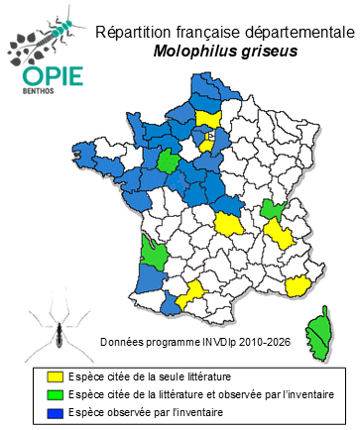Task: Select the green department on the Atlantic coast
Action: tap(154, 250)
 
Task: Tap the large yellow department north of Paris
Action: tap(207, 119)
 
